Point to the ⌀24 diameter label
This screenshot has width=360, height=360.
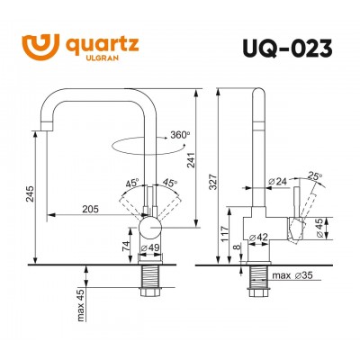point(279,183)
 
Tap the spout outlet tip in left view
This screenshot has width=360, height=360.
point(43,130)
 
